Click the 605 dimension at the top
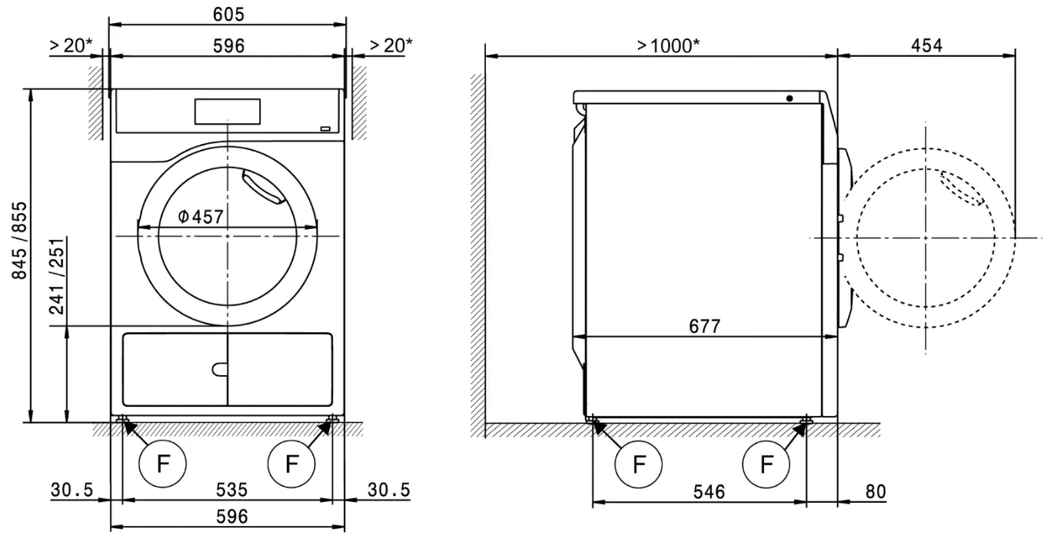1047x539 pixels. click(228, 14)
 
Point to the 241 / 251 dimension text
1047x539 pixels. click(57, 276)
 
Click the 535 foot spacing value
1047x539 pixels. click(231, 490)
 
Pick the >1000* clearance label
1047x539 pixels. click(668, 45)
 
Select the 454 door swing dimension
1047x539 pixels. click(926, 45)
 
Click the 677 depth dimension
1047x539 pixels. click(704, 326)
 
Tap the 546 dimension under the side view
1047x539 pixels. click(709, 492)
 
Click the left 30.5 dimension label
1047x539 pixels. click(72, 490)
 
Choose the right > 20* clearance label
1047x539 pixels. click(391, 45)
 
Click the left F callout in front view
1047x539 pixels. click(162, 464)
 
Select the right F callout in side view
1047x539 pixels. click(766, 464)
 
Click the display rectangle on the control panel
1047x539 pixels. click(228, 111)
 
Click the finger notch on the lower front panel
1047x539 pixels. click(220, 369)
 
